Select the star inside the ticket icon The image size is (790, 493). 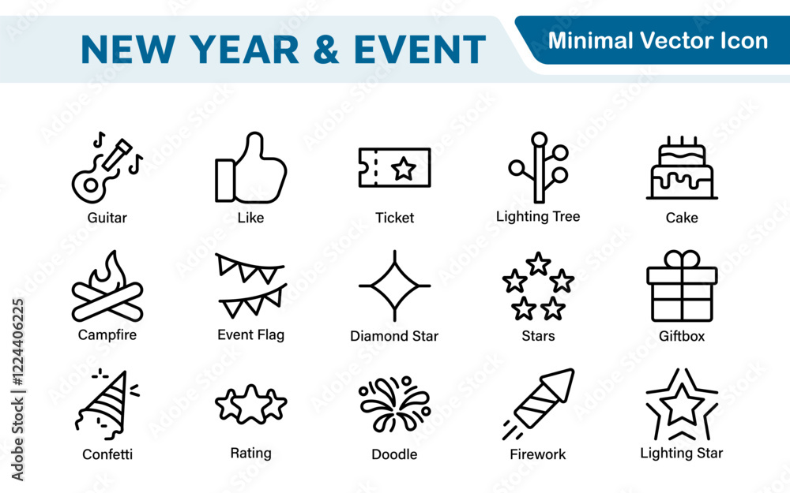(x=404, y=168)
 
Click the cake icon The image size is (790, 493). (x=682, y=168)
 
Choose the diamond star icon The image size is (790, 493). (x=394, y=286)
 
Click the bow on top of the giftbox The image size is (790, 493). (x=682, y=259)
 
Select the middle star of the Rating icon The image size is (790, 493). (x=251, y=404)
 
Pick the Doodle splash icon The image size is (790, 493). (x=394, y=404)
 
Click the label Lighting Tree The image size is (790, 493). (x=538, y=217)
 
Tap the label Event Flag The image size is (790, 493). (x=251, y=335)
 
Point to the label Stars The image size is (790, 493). (x=538, y=335)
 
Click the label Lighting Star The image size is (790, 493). (x=681, y=454)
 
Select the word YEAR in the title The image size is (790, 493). (x=244, y=49)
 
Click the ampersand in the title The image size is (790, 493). (x=326, y=49)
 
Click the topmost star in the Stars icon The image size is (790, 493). (x=538, y=263)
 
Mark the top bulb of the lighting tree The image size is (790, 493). (x=539, y=139)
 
